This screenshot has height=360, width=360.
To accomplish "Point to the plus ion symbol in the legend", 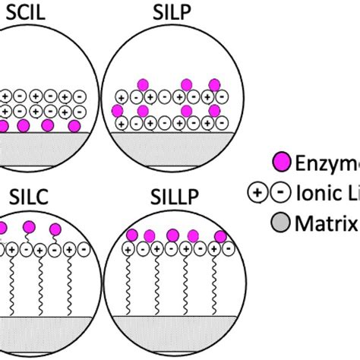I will (x=258, y=193).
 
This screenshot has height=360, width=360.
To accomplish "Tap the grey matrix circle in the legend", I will (x=280, y=224).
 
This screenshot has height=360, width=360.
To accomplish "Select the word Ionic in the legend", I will (x=320, y=193).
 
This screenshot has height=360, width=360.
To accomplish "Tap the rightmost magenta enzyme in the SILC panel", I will (x=55, y=229).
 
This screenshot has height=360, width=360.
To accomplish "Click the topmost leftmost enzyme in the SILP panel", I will (x=141, y=84).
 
